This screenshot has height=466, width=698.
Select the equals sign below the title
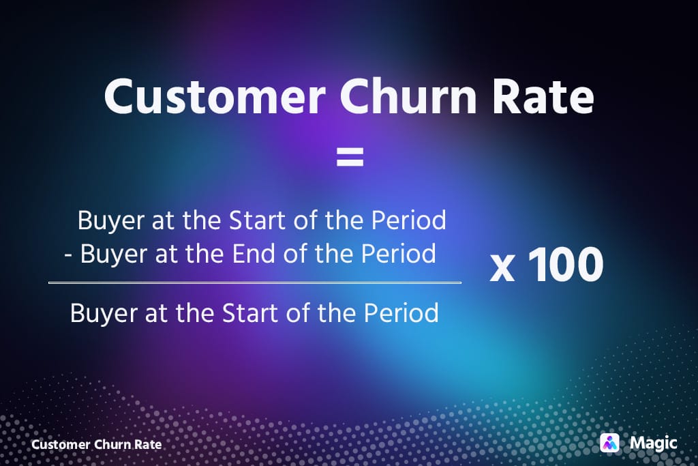click(350, 159)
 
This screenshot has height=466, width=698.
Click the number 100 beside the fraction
click(565, 265)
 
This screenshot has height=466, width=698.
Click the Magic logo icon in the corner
click(609, 443)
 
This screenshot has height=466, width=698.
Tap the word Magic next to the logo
click(653, 443)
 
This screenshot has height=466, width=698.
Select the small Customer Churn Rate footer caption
click(97, 444)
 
